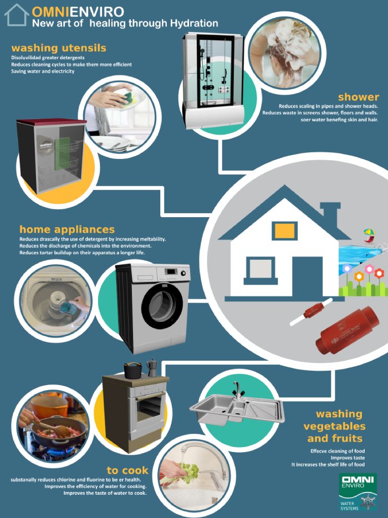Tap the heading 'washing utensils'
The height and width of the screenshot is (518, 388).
click(x=58, y=48)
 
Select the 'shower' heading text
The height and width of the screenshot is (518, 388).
click(x=358, y=97)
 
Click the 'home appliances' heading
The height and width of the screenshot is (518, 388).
click(x=67, y=229)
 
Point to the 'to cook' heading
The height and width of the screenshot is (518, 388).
click(x=127, y=470)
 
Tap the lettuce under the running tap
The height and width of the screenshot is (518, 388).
click(x=186, y=472)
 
